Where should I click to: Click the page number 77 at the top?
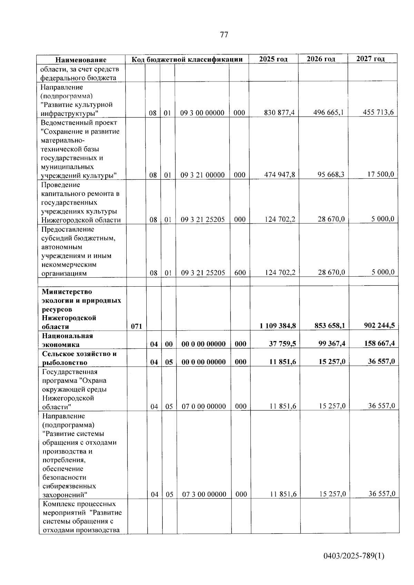click(x=224, y=35)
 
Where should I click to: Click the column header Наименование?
click(x=81, y=60)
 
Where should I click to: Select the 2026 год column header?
click(x=321, y=59)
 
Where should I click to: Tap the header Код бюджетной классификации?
click(x=187, y=59)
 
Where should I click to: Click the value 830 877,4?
click(x=279, y=113)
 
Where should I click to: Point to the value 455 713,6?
click(x=378, y=112)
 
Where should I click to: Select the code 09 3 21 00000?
click(x=203, y=175)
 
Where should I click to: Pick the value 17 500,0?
click(x=381, y=174)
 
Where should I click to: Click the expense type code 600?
click(x=240, y=272)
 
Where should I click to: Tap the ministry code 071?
click(x=137, y=326)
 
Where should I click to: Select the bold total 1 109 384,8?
click(x=278, y=326)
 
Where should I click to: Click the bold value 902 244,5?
click(x=379, y=325)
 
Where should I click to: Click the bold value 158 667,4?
click(x=379, y=343)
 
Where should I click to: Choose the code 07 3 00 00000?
click(x=204, y=494)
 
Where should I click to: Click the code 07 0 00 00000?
click(x=204, y=406)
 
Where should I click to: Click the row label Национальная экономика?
click(x=67, y=340)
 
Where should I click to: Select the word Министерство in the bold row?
click(x=67, y=292)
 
